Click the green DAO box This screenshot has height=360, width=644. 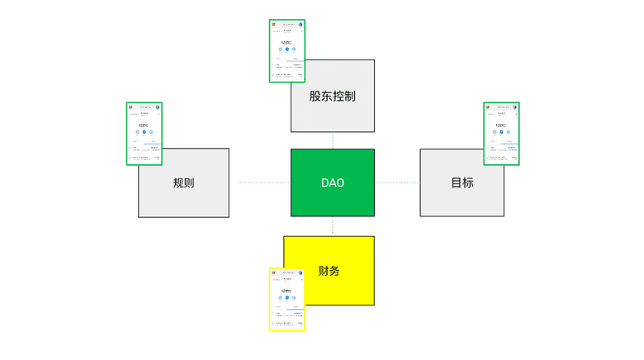click(332, 182)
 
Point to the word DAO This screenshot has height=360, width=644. click(332, 182)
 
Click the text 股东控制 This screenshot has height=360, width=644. click(332, 96)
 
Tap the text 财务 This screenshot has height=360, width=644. click(329, 271)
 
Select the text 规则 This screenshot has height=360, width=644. click(183, 183)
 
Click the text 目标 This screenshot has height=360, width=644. click(462, 182)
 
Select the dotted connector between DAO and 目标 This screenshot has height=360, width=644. click(397, 182)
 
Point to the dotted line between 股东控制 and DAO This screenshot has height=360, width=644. click(333, 140)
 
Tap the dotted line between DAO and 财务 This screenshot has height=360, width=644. click(333, 226)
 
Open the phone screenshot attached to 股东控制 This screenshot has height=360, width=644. click(286, 50)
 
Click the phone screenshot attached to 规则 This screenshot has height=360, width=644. click(144, 133)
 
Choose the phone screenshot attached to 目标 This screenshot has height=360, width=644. click(501, 133)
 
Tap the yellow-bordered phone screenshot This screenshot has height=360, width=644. click(286, 299)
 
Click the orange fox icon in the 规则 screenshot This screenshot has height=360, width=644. click(130, 107)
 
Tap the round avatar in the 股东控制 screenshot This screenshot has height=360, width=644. click(301, 24)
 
